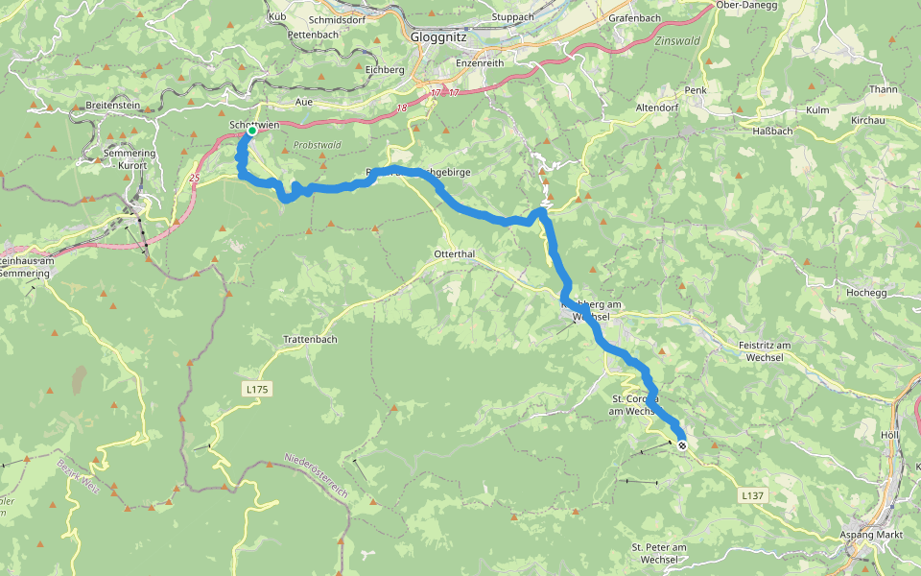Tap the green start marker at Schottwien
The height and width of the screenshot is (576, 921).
pos(250,133)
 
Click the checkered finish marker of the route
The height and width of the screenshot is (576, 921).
pos(682,445)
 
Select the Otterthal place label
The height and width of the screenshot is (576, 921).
pos(456,253)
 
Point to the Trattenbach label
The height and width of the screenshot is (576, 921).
pos(310,339)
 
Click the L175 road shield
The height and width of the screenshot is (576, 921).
pos(257,389)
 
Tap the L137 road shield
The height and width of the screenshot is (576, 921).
pos(753,495)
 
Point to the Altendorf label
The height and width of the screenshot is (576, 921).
pos(657,109)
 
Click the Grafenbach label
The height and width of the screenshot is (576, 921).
pos(634,18)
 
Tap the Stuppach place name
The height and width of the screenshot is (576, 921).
pos(511,17)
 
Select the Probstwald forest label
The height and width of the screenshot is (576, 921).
pos(317,145)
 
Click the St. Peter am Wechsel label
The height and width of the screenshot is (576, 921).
pos(660,553)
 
